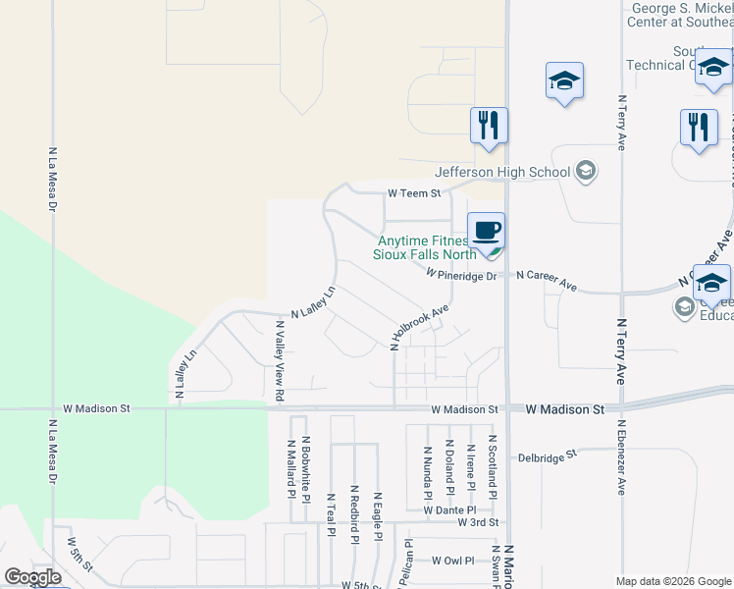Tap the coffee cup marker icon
click(486, 232)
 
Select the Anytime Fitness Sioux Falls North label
click(424, 246)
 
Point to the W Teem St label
click(414, 194)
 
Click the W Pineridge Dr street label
click(461, 276)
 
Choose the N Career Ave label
click(547, 281)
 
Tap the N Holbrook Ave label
click(419, 327)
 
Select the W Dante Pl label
click(449, 510)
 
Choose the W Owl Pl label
click(452, 562)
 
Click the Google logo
click(32, 577)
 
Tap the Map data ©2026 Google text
click(673, 581)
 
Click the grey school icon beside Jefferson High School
click(586, 172)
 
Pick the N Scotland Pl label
click(493, 467)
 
